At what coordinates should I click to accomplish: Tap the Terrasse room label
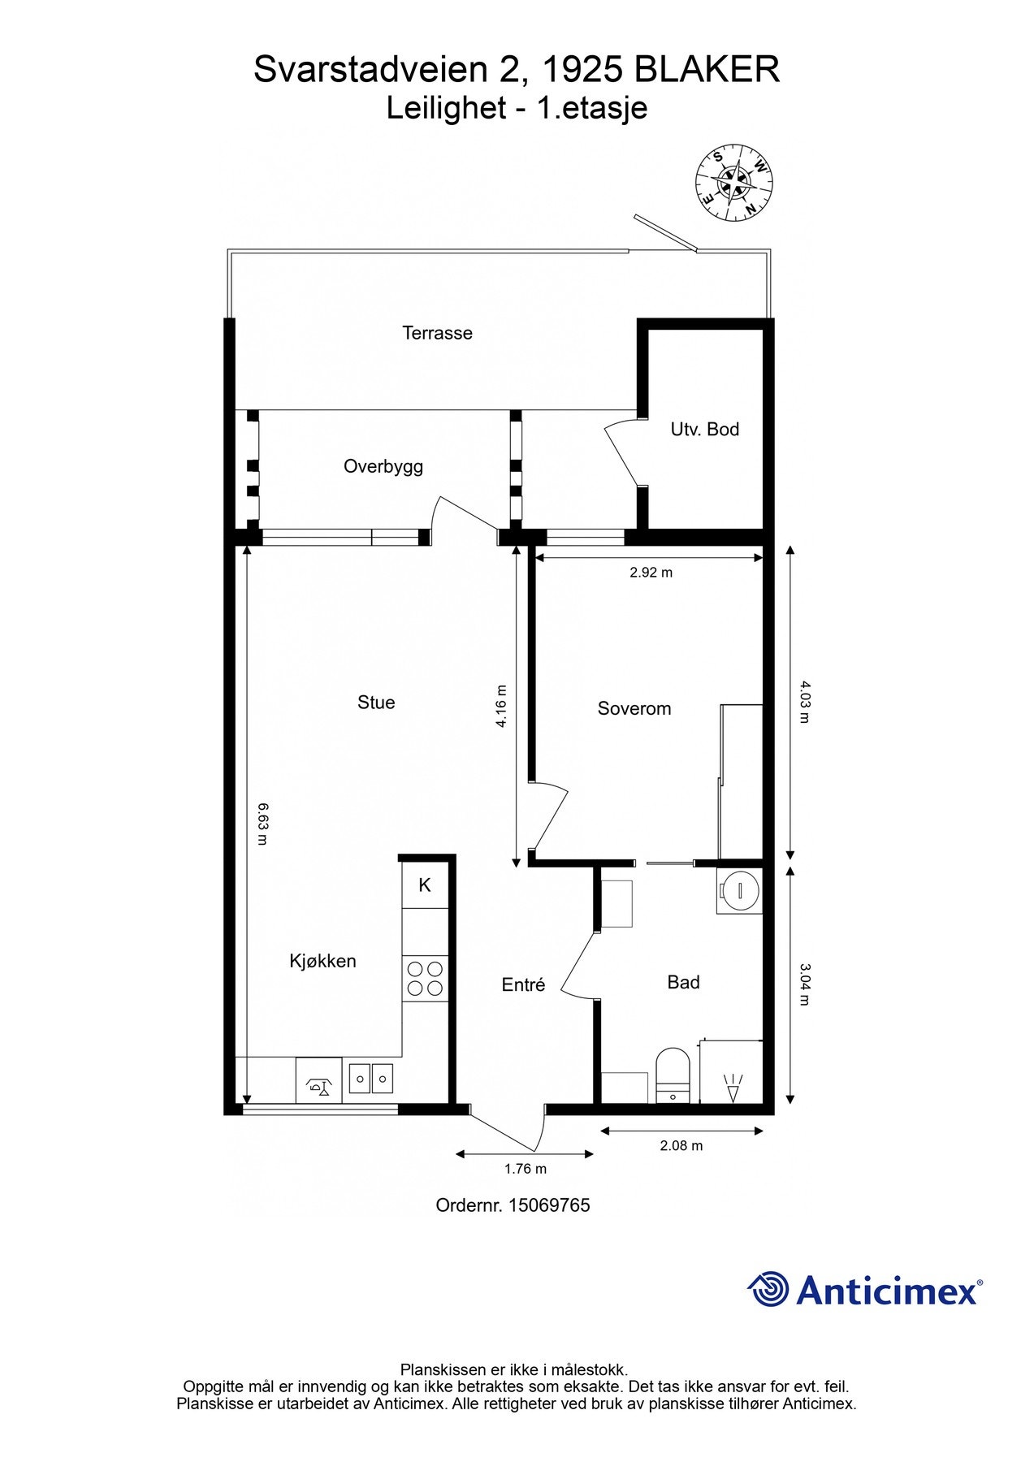[437, 333]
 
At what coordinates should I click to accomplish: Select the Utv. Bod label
[704, 429]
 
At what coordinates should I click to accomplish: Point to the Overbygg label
[383, 467]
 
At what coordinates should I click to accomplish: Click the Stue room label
[376, 703]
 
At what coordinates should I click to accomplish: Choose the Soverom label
[634, 708]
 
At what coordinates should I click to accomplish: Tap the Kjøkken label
[322, 961]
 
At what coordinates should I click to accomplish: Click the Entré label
[523, 984]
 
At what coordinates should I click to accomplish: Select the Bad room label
[683, 982]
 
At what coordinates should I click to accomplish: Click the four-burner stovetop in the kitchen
[426, 979]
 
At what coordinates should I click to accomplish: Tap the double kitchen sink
[372, 1078]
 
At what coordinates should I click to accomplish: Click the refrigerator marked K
[425, 885]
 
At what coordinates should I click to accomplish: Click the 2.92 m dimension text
[651, 573]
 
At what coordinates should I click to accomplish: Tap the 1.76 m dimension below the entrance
[525, 1169]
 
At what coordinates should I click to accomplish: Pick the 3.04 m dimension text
[804, 984]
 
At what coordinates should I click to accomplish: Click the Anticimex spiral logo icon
[768, 1289]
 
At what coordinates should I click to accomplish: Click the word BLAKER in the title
[707, 70]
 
